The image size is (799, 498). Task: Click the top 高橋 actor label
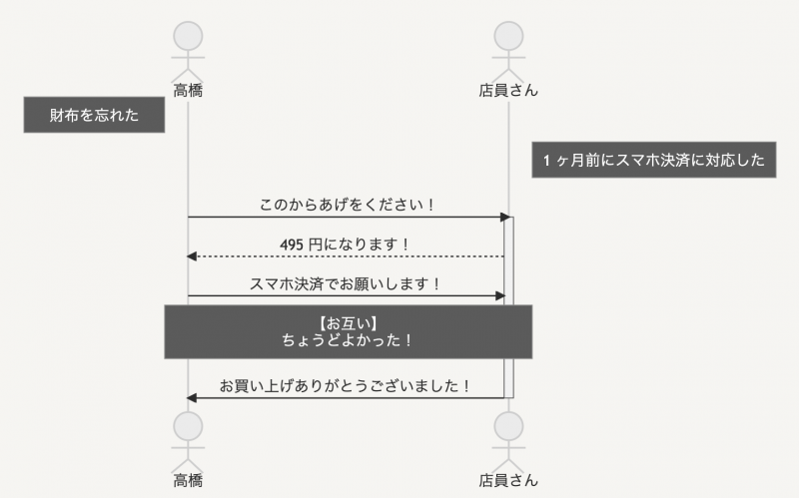click(188, 91)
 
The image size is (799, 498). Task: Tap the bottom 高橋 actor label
click(188, 480)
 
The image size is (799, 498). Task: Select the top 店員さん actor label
click(508, 91)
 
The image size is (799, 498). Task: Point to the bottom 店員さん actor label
click(508, 480)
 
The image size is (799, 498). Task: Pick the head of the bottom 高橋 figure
click(188, 426)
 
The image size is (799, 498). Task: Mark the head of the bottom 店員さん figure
click(508, 426)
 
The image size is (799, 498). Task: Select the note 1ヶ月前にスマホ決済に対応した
click(653, 161)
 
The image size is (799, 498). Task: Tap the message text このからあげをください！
click(348, 205)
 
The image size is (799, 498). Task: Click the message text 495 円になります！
click(346, 245)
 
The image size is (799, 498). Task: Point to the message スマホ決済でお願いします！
click(346, 283)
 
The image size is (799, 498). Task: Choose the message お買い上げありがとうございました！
click(346, 385)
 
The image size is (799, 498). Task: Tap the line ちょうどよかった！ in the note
click(348, 339)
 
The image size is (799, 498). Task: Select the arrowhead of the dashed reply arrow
click(192, 256)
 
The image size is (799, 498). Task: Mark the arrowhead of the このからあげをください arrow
click(505, 217)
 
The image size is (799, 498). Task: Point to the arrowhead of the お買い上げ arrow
click(192, 398)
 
